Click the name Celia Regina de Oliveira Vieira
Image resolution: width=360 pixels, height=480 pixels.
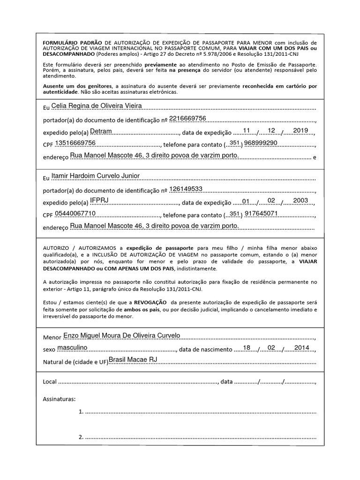(x=96, y=106)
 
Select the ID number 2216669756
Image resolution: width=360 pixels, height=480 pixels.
(x=187, y=119)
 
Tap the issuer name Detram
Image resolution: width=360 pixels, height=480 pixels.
(x=101, y=131)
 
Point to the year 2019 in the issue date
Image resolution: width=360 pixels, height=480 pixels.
(x=300, y=130)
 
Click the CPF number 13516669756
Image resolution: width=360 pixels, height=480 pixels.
(x=75, y=143)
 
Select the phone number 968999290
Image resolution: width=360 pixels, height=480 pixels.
(x=261, y=143)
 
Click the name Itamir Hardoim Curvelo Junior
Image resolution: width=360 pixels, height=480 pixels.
(x=95, y=176)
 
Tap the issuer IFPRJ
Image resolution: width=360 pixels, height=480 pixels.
(x=99, y=201)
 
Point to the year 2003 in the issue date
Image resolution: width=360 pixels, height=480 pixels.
(x=300, y=201)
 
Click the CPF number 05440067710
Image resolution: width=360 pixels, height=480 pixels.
(x=75, y=213)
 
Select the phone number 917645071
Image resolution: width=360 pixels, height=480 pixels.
(x=261, y=213)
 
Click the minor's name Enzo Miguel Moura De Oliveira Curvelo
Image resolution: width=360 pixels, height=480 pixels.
(x=121, y=336)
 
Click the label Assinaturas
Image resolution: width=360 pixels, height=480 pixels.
(x=59, y=399)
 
